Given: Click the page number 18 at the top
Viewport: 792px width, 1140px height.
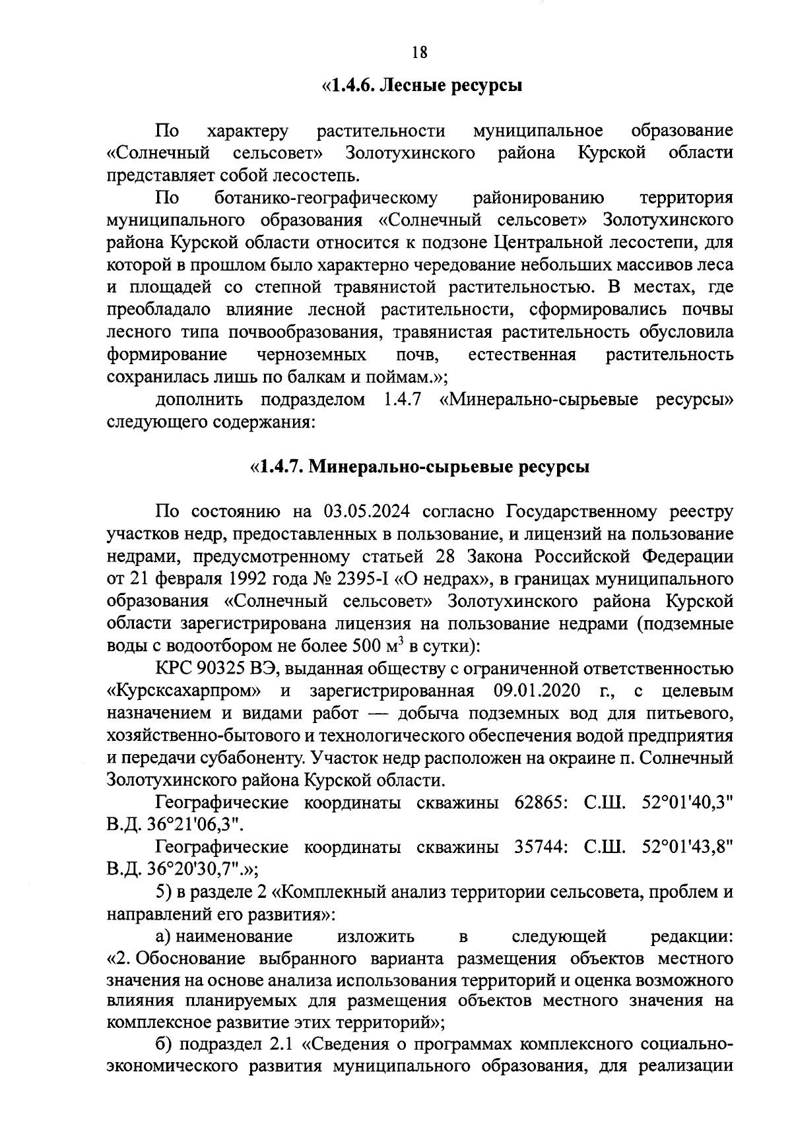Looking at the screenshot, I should tap(419, 53).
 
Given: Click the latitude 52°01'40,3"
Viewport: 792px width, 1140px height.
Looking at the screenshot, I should tap(687, 804).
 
